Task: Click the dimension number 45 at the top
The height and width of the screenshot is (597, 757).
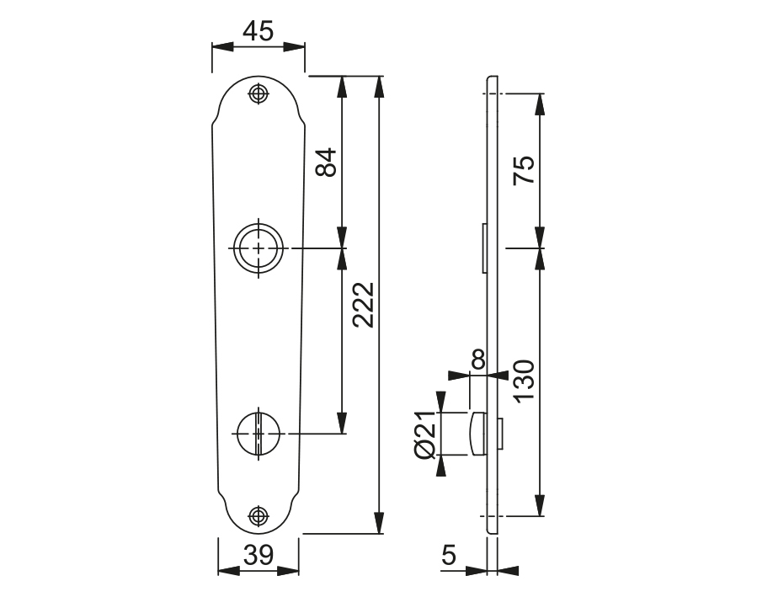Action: (258, 31)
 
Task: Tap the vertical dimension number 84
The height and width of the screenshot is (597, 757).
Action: (326, 162)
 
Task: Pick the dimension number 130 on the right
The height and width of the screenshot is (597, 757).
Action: (523, 384)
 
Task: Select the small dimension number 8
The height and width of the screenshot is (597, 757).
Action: (477, 360)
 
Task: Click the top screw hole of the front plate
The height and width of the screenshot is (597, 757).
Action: (258, 93)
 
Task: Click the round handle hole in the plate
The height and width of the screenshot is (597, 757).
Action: (258, 249)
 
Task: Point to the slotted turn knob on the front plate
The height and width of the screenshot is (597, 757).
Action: (258, 433)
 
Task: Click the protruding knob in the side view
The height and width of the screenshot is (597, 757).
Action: (476, 434)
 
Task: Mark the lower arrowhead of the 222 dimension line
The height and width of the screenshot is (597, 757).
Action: (380, 527)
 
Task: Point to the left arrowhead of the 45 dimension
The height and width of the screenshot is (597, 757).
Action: (217, 47)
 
